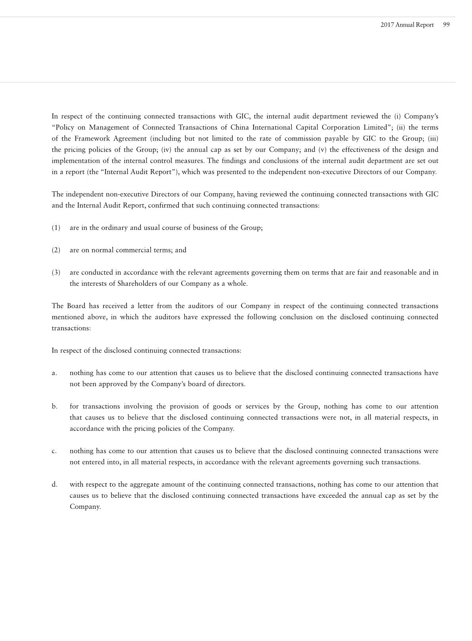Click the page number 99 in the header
pyautogui.click(x=446, y=25)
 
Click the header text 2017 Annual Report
pyautogui.click(x=407, y=25)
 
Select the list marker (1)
pyautogui.click(x=56, y=228)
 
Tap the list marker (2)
pyautogui.click(x=56, y=250)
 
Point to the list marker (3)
pyautogui.click(x=56, y=272)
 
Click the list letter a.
pyautogui.click(x=54, y=373)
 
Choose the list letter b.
pyautogui.click(x=54, y=406)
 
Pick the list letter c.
pyautogui.click(x=54, y=451)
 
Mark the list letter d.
pyautogui.click(x=54, y=484)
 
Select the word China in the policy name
pyautogui.click(x=239, y=127)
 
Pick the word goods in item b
pyautogui.click(x=222, y=406)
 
